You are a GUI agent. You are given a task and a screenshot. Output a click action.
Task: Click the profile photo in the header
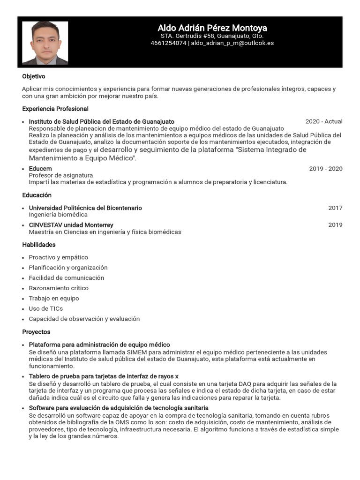45,43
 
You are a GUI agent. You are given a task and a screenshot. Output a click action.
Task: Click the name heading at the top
212,28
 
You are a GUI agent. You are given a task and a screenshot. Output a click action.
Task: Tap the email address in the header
232,43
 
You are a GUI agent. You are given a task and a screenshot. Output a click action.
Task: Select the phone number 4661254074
168,43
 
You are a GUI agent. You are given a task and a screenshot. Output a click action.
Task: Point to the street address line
212,36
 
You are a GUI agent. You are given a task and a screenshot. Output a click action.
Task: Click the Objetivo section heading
34,76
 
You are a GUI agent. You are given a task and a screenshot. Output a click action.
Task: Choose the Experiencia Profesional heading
55,109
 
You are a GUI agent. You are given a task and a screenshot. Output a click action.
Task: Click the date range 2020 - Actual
323,121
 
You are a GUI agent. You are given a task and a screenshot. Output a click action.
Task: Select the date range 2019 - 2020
325,169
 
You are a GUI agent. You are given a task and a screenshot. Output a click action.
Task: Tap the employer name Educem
40,169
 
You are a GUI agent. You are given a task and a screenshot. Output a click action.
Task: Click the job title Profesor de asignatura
61,175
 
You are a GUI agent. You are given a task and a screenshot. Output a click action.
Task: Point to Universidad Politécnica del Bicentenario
85,208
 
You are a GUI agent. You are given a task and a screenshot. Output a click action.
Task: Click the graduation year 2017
335,208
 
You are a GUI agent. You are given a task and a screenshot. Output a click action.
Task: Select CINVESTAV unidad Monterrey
71,225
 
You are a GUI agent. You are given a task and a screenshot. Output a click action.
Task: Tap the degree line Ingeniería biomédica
58,215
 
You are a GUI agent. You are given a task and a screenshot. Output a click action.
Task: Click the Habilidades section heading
39,245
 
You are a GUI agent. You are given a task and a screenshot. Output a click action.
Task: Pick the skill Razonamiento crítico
59,288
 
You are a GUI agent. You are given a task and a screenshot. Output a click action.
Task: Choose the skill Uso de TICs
45,309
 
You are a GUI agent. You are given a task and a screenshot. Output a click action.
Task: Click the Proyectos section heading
36,332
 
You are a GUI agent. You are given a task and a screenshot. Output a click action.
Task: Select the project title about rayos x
104,376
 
